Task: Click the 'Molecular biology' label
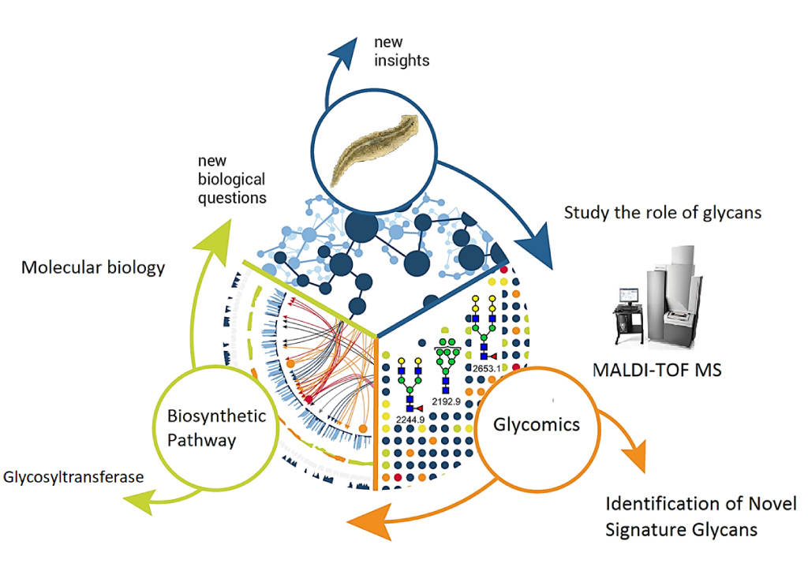coord(93,267)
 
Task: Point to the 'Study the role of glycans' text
coord(662,212)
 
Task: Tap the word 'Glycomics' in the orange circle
coord(536,424)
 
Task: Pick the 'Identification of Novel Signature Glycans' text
coord(700,516)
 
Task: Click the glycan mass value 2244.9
coord(410,419)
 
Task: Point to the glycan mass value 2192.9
coord(447,401)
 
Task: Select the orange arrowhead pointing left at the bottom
coord(368,521)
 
